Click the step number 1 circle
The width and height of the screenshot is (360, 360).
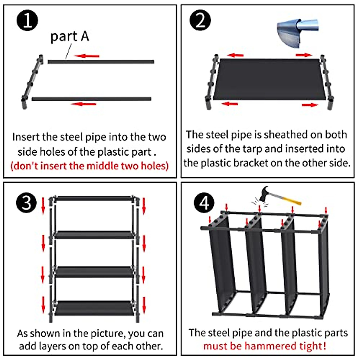tap(27, 21)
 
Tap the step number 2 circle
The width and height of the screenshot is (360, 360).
tap(200, 21)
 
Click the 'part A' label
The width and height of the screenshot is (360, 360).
tap(70, 37)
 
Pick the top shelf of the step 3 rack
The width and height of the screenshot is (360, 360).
tap(94, 198)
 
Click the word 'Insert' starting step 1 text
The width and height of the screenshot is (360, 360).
tap(26, 137)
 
